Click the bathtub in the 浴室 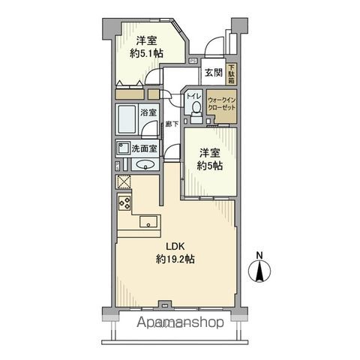click(x=127, y=121)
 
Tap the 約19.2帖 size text click(x=175, y=259)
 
